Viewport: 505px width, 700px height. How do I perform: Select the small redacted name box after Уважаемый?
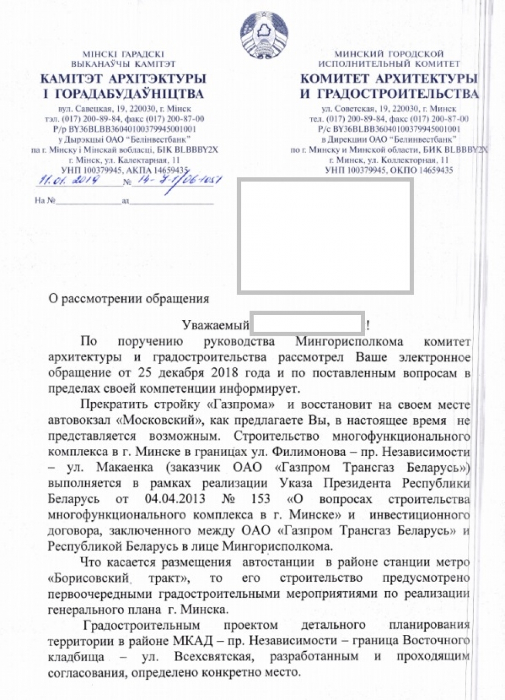(307, 324)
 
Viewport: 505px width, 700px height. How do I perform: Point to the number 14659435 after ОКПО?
(430, 171)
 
